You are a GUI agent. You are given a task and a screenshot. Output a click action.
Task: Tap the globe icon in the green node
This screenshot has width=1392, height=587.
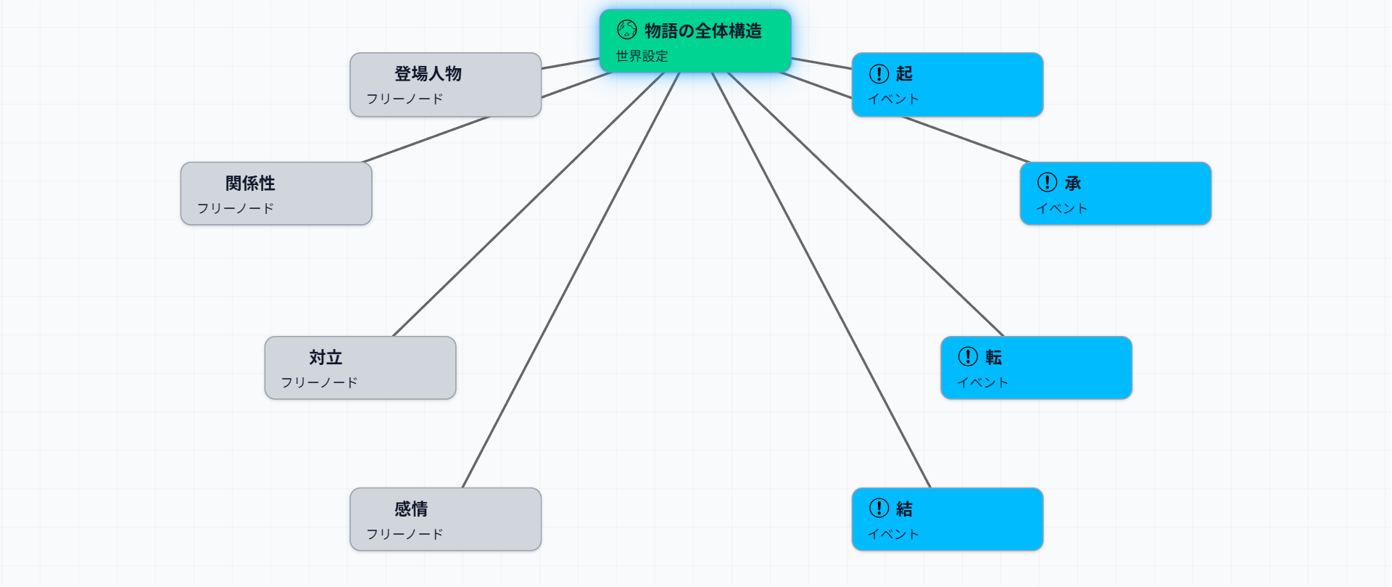pyautogui.click(x=626, y=30)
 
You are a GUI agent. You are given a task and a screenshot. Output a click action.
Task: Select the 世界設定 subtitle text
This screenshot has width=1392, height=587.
pyautogui.click(x=642, y=56)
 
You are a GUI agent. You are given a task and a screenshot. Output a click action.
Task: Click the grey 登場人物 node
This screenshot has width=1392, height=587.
pyautogui.click(x=445, y=84)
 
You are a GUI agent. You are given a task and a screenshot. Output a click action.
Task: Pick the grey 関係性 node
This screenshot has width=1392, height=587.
pyautogui.click(x=275, y=193)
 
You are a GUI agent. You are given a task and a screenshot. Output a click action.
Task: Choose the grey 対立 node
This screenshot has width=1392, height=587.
pyautogui.click(x=360, y=367)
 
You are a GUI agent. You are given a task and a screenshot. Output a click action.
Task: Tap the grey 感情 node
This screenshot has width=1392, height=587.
pyautogui.click(x=445, y=519)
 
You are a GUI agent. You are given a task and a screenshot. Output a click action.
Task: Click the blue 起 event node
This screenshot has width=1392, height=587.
pyautogui.click(x=947, y=84)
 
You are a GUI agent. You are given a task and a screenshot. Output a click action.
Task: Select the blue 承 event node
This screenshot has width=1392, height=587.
pyautogui.click(x=1115, y=193)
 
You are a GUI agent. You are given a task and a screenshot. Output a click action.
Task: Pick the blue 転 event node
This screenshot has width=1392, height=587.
pyautogui.click(x=1036, y=367)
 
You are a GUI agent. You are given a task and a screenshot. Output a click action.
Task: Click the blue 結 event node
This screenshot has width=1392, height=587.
pyautogui.click(x=947, y=519)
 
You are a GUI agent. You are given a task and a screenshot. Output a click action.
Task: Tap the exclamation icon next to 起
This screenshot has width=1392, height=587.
pyautogui.click(x=879, y=73)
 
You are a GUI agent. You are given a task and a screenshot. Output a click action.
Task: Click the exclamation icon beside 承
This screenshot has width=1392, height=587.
pyautogui.click(x=1047, y=182)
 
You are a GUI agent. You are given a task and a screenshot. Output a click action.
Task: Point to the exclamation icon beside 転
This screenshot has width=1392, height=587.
pyautogui.click(x=968, y=356)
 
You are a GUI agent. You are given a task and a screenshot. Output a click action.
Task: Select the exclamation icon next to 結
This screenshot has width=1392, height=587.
pyautogui.click(x=879, y=508)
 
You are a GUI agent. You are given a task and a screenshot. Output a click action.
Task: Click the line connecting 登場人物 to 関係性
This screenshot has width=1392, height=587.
pyautogui.click(x=426, y=139)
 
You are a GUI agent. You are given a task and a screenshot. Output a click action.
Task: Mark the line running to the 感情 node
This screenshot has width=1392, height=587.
pyautogui.click(x=571, y=280)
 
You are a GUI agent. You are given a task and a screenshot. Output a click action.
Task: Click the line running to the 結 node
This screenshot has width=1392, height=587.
pyautogui.click(x=821, y=280)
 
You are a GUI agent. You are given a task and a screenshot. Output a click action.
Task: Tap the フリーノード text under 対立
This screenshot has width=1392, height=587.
pyautogui.click(x=319, y=382)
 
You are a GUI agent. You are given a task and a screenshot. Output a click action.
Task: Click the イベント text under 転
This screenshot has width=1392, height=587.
pyautogui.click(x=982, y=382)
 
